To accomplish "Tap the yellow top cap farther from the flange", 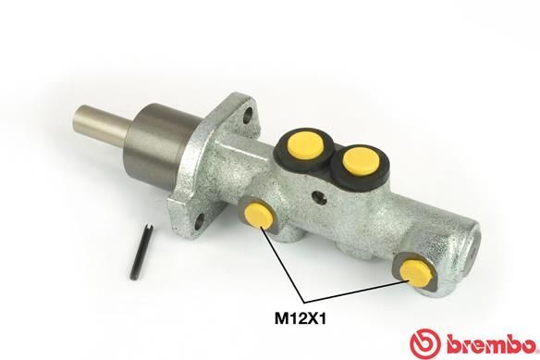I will tap(356, 162).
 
